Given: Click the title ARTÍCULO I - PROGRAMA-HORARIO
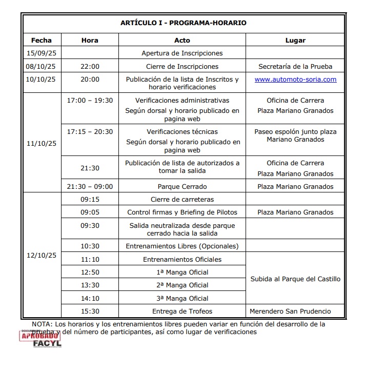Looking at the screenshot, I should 183,23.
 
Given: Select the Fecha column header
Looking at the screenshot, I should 42,40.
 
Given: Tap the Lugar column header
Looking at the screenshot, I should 295,40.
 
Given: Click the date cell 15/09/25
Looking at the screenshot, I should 42,53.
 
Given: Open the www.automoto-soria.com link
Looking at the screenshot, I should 295,80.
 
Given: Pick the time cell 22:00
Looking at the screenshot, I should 90,66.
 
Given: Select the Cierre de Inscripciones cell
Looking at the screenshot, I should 182,66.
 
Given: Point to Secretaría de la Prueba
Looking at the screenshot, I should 295,66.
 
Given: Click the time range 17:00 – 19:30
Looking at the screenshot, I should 90,101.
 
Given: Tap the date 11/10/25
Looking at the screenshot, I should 42,143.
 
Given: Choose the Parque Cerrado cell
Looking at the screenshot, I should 182,187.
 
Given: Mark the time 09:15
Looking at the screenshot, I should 90,199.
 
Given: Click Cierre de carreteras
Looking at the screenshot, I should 182,199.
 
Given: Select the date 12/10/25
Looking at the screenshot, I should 42,255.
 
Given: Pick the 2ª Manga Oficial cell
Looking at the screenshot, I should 182,285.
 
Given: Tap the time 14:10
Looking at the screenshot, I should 90,298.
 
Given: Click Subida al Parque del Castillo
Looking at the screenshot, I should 295,279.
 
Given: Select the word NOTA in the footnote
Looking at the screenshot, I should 42,324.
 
